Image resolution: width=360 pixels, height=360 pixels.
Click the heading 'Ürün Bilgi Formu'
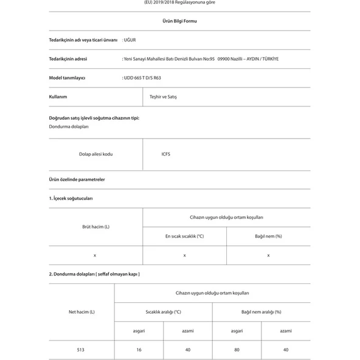(179, 21)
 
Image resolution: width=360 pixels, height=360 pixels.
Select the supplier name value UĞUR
(130, 40)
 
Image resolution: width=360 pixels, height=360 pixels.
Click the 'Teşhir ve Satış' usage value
(163, 97)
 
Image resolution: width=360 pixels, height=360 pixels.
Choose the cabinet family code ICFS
(166, 154)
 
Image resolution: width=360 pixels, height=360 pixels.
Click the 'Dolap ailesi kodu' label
(95, 154)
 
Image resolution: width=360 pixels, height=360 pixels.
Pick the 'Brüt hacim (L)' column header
(95, 227)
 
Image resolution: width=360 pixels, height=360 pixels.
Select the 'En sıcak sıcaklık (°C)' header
(184, 236)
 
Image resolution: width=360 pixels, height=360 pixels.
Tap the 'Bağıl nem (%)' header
(268, 236)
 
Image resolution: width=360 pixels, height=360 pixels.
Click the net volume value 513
(81, 350)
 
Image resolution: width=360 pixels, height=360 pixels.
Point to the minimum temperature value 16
(139, 350)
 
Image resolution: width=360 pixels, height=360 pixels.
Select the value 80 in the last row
(237, 350)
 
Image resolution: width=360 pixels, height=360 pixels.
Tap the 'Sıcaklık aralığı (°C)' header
(163, 312)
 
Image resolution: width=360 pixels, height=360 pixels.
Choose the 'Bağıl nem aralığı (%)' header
(261, 312)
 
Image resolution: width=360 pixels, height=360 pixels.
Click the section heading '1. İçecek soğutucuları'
(71, 198)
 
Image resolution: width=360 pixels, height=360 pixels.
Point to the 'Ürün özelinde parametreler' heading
(77, 179)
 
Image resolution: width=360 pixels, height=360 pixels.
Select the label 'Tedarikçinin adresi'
(67, 59)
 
